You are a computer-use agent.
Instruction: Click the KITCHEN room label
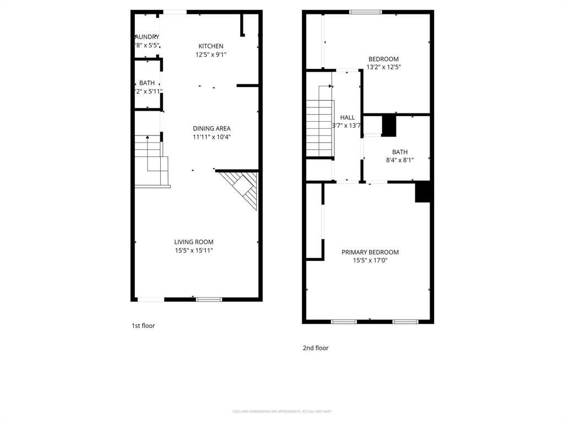coord(211,46)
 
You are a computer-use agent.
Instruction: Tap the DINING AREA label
coord(211,128)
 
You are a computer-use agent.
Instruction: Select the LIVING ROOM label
coord(194,242)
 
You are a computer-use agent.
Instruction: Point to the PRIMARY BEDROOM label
coord(370,252)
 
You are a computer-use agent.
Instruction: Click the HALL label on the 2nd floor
coord(348,117)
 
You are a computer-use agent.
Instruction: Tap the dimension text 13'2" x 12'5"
coord(383,67)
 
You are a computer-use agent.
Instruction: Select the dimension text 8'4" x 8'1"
coord(400,160)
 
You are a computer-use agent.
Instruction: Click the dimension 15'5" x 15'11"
coord(194,251)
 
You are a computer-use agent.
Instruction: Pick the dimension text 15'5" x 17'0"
coord(370,261)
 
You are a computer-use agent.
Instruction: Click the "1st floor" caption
coord(143,326)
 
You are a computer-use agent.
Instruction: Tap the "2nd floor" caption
coord(316,348)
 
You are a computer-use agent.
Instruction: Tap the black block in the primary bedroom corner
coord(422,192)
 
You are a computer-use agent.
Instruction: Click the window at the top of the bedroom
coord(366,12)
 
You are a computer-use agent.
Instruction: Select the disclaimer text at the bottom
coord(282,411)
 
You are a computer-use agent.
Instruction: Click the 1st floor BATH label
coord(147,83)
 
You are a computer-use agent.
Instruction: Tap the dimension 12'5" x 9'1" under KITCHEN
coord(211,55)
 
